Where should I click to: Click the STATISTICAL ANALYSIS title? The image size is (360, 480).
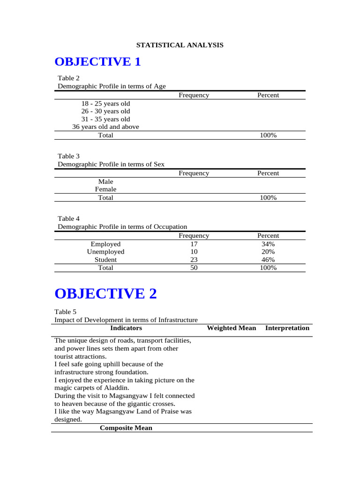pyautogui.click(x=180, y=45)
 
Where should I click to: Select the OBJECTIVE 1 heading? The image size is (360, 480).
pyautogui.click(x=97, y=62)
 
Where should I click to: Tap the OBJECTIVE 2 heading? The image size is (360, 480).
pyautogui.click(x=105, y=294)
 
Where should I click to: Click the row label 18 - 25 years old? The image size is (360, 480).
pyautogui.click(x=105, y=104)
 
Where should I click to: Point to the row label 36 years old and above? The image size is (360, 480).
pyautogui.click(x=105, y=127)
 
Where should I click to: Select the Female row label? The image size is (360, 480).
pyautogui.click(x=105, y=189)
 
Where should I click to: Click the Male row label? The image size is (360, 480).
pyautogui.click(x=105, y=181)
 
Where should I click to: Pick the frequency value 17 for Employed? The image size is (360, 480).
pyautogui.click(x=194, y=244)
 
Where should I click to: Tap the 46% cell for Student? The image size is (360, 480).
pyautogui.click(x=268, y=260)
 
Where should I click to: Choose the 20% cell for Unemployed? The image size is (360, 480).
pyautogui.click(x=268, y=252)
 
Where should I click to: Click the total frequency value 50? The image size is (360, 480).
pyautogui.click(x=194, y=268)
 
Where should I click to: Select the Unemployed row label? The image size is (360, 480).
pyautogui.click(x=105, y=252)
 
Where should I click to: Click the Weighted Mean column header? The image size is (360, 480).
pyautogui.click(x=232, y=328)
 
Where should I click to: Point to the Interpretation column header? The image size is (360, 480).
pyautogui.click(x=287, y=328)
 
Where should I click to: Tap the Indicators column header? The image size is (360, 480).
pyautogui.click(x=126, y=328)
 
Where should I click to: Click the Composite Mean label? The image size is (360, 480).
pyautogui.click(x=126, y=428)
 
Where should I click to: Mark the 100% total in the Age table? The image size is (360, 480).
pyautogui.click(x=268, y=135)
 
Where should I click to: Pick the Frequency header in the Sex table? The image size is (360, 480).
pyautogui.click(x=194, y=173)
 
